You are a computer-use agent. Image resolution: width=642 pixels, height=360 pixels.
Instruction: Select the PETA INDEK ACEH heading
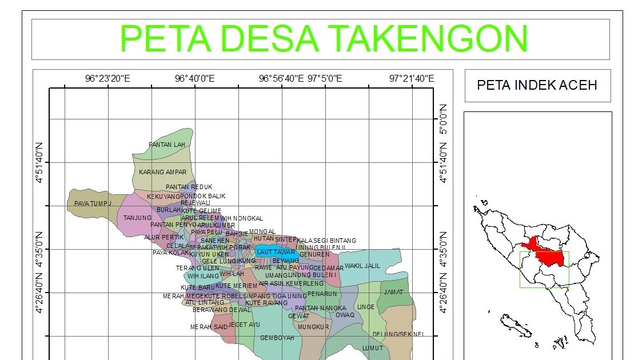point(537,85)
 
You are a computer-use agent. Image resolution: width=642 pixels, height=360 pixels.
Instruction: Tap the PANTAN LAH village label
point(167,145)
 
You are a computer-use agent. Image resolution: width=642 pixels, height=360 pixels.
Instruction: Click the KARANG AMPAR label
point(163,171)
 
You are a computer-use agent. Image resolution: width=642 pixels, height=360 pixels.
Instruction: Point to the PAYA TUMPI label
point(92,203)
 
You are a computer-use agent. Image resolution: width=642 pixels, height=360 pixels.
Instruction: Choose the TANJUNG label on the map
point(138,218)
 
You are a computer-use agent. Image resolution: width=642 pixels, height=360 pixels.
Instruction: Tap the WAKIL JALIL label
point(362,266)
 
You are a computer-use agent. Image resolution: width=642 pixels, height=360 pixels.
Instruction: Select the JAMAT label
point(393,292)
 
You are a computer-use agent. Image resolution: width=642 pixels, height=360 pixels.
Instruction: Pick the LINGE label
point(365,307)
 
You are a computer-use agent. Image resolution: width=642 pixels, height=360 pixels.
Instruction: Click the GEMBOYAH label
point(277,338)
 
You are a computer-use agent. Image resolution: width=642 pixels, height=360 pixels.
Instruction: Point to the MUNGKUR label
point(313,327)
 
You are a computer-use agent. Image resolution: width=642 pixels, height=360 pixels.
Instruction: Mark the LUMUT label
point(372,347)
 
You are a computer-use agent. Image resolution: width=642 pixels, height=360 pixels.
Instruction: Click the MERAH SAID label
point(209,327)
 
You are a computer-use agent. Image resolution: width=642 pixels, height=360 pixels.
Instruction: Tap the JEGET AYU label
point(244,325)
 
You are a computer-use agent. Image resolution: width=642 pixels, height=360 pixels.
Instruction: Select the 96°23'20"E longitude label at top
point(108,79)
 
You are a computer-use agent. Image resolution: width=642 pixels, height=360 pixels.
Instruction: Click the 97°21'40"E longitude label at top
point(412,79)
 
